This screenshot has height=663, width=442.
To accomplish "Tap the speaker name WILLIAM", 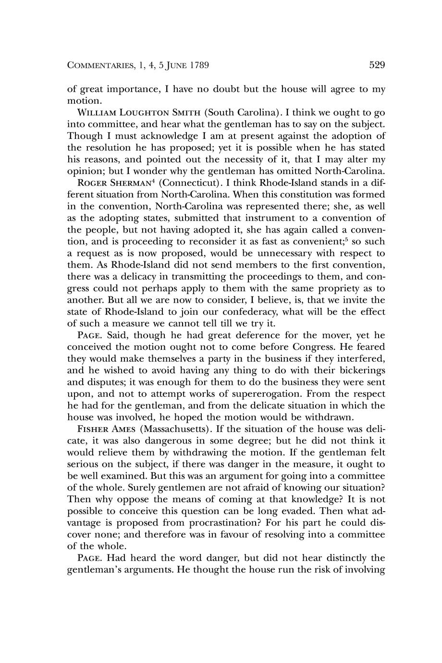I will pyautogui.click(x=95, y=113).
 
